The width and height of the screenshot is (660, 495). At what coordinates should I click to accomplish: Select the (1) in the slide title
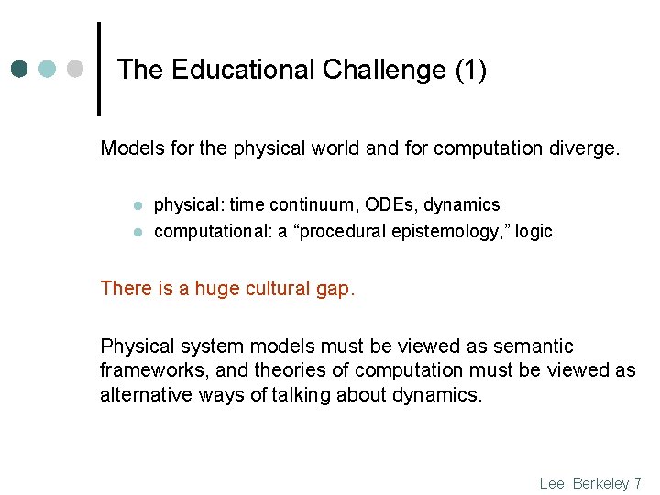click(x=469, y=70)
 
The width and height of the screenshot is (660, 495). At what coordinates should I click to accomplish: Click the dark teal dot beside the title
click(x=21, y=70)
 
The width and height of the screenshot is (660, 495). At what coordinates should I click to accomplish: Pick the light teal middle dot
click(x=49, y=70)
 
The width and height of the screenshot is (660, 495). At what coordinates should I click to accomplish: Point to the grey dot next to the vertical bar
click(x=76, y=70)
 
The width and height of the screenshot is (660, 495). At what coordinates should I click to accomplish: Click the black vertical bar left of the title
click(x=99, y=70)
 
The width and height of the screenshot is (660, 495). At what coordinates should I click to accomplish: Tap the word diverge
click(x=587, y=148)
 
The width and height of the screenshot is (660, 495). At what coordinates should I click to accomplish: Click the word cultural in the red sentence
click(x=263, y=289)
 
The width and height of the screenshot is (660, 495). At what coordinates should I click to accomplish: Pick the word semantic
click(x=533, y=346)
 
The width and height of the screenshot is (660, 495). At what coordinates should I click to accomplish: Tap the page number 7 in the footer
click(x=636, y=483)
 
